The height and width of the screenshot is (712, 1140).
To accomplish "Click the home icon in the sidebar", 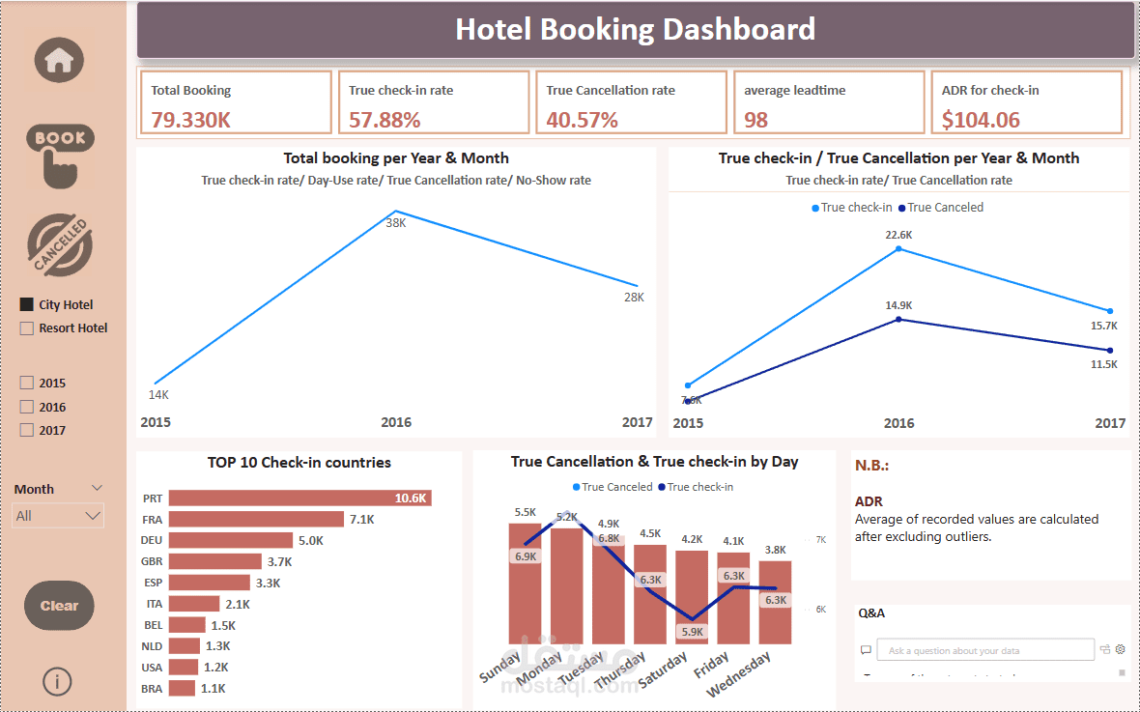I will tap(59, 60).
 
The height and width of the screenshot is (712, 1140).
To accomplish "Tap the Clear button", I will tap(59, 606).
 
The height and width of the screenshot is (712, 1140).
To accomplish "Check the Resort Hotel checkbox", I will tap(27, 328).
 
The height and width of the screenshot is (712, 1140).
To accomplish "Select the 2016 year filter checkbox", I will tap(27, 408).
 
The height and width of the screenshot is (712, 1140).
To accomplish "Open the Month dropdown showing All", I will tap(59, 516).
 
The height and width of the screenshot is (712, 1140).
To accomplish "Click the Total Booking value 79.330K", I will tap(190, 120).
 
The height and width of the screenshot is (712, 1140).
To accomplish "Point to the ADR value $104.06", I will tap(981, 120).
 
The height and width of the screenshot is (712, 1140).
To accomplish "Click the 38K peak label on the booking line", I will tap(396, 223).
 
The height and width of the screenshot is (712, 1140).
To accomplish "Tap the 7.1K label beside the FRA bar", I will tap(361, 519).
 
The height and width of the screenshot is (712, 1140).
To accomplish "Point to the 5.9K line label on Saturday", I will tap(693, 632).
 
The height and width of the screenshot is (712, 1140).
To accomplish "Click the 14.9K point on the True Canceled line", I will tap(898, 319).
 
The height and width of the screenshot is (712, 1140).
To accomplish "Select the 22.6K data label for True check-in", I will tap(898, 235).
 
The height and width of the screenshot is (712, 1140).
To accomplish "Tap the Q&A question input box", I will tap(985, 650).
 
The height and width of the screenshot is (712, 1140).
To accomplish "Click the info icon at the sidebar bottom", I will tap(57, 681).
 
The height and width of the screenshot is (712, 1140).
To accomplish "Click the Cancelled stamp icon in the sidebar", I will tap(59, 245).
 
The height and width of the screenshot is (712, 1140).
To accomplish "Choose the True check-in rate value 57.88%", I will tap(385, 120).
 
